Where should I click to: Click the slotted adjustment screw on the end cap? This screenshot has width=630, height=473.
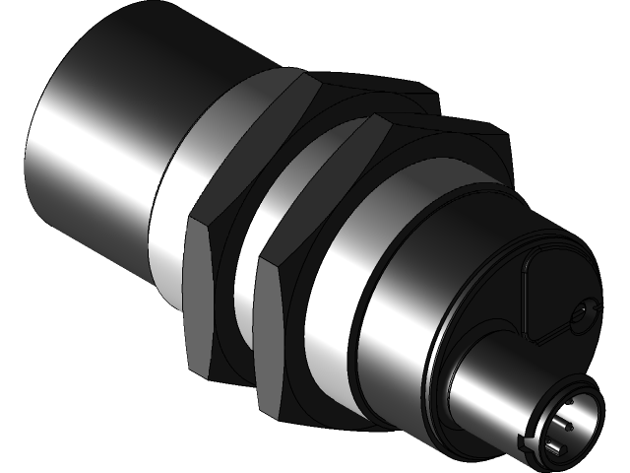(582, 313)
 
